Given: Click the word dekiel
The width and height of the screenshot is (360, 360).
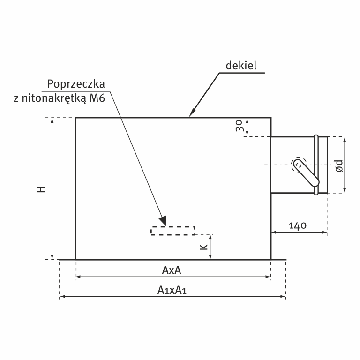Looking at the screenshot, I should (x=241, y=66).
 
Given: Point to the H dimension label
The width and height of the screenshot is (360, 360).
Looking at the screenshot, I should (x=42, y=189).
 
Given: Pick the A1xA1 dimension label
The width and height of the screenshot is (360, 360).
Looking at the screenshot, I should (x=172, y=291).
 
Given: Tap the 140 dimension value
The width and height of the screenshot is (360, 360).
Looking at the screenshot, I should (x=298, y=225).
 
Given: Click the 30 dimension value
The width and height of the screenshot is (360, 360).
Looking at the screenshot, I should (x=239, y=127).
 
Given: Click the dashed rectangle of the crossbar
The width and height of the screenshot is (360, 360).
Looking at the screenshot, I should (x=172, y=231).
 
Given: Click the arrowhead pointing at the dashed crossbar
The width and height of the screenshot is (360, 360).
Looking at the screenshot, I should (x=163, y=219).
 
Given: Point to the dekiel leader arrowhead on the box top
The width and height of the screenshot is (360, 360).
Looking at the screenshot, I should (x=191, y=114).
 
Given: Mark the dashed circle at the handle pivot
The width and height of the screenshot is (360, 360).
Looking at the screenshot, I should (x=299, y=164).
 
